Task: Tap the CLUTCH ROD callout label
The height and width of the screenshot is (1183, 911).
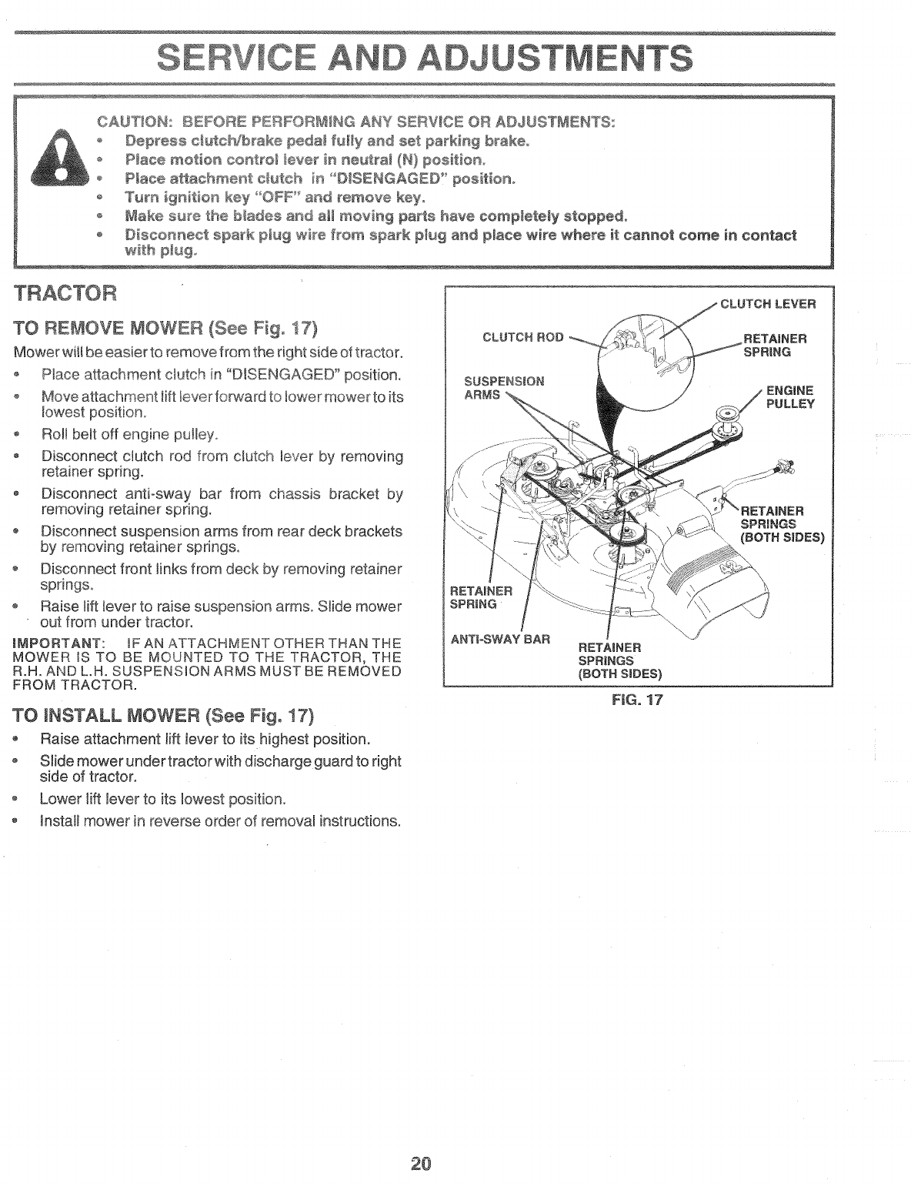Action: pyautogui.click(x=522, y=336)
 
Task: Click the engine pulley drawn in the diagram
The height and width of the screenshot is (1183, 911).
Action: pyautogui.click(x=727, y=416)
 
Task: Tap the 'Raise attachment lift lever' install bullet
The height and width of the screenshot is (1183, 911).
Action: pyautogui.click(x=205, y=739)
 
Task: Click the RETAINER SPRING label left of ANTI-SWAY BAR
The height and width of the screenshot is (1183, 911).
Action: pyautogui.click(x=481, y=597)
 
